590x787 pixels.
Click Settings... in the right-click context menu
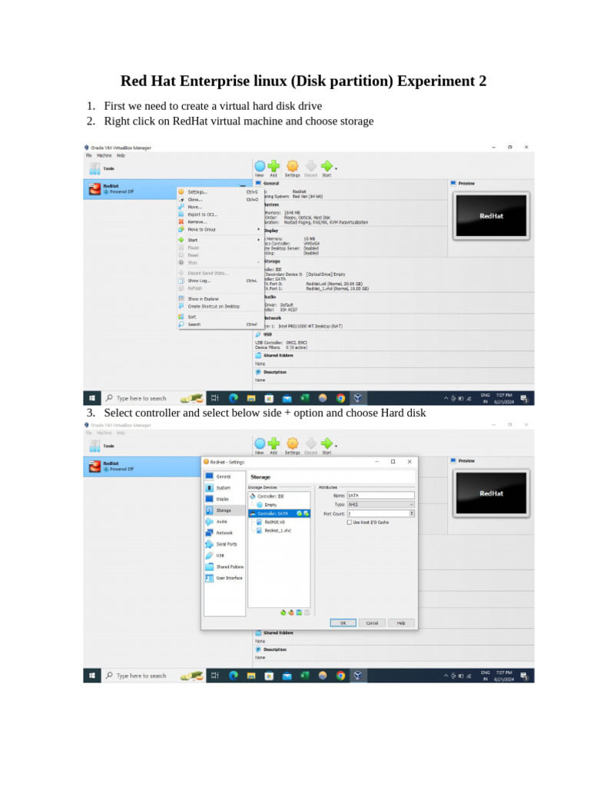[197, 191]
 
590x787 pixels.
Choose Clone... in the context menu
[195, 199]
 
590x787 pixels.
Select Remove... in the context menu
[197, 221]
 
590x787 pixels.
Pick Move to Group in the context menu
[201, 229]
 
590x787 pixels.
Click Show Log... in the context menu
[199, 281]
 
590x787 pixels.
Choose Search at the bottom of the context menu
[194, 324]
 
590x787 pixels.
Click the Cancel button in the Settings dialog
[371, 623]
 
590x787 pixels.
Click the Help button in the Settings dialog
[400, 623]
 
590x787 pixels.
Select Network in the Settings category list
[224, 533]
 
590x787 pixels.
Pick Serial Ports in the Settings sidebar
[226, 543]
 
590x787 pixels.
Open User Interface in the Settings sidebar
[229, 578]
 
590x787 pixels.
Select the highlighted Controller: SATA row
[273, 513]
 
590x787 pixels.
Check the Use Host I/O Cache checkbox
[350, 522]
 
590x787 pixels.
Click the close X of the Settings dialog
[409, 462]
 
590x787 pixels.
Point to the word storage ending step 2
[357, 121]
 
